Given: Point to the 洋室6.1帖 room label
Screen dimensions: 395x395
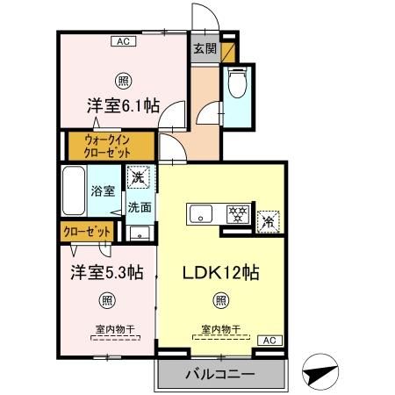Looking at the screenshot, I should click(122, 105).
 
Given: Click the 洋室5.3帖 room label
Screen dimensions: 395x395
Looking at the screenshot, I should click(106, 273).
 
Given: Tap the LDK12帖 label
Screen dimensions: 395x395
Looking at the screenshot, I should click(220, 273).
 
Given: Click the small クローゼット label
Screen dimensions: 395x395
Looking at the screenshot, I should click(87, 232).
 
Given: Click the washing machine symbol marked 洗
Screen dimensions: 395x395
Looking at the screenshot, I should click(139, 178).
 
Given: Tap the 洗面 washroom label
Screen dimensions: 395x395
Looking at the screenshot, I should click(139, 208).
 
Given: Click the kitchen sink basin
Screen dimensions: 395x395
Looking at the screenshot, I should click(200, 213).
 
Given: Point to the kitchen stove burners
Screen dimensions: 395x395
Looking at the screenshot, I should click(235, 213).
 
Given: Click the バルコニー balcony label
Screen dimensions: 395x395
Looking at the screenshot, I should click(219, 375).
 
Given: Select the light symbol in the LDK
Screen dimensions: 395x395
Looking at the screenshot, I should click(221, 300).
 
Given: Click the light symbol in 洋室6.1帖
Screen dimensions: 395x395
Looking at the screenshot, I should click(124, 77).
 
